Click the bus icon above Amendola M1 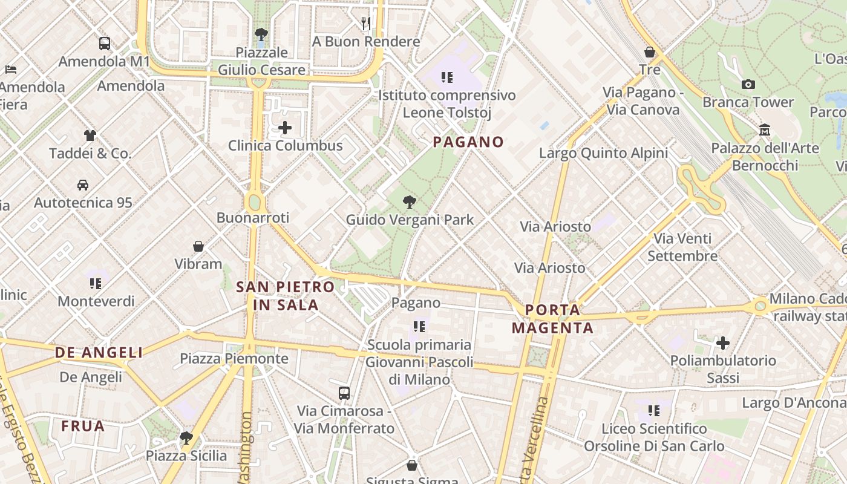(105, 44)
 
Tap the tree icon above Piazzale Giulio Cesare (261, 34)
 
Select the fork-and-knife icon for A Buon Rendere (366, 24)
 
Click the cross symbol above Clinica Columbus (285, 128)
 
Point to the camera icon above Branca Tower (748, 84)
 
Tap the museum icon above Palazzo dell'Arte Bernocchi (765, 130)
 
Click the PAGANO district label (468, 142)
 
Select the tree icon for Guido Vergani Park (410, 202)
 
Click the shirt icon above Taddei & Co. (90, 136)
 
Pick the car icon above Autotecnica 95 (83, 185)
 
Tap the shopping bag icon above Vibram (198, 246)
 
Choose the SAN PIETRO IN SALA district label (286, 296)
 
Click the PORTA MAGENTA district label (552, 319)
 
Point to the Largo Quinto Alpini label (603, 153)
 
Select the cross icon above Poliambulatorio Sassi (723, 343)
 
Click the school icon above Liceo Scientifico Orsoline (654, 411)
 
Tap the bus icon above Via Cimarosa (344, 393)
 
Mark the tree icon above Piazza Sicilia (186, 437)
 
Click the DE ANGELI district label (99, 353)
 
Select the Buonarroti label (253, 218)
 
